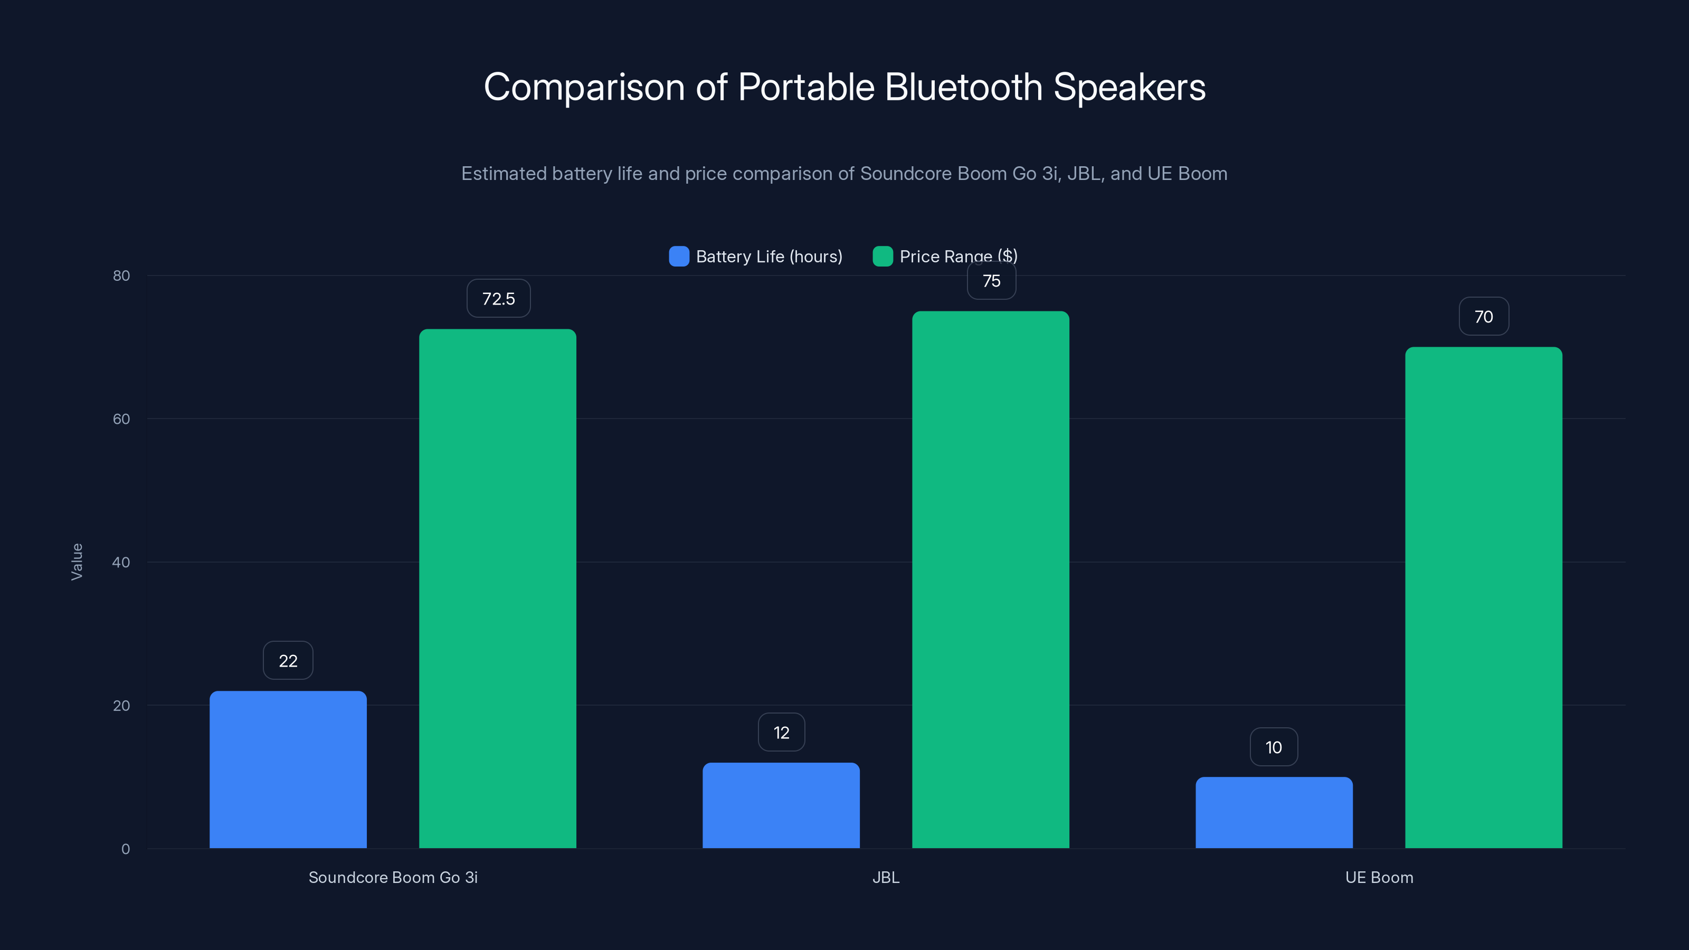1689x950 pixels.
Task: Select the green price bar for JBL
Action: pos(990,579)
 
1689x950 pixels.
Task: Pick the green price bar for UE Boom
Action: pos(1483,597)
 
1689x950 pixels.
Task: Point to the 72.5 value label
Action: pos(498,299)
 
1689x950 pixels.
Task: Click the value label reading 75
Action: pos(991,281)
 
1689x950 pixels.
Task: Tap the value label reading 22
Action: pos(288,661)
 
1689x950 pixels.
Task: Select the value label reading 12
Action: pos(781,733)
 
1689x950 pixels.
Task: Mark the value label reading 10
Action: pos(1273,747)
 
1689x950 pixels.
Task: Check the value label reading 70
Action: pos(1483,317)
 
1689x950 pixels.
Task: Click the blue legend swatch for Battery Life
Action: pos(679,256)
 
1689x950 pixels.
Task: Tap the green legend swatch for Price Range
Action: pos(883,256)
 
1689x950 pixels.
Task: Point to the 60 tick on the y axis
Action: pos(121,419)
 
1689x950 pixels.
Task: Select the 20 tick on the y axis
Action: pos(121,706)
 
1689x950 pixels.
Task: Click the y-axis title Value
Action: pos(77,562)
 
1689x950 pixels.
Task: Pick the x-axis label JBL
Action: pos(885,877)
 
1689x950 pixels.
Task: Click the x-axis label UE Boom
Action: pos(1379,877)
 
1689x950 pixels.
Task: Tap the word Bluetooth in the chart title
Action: pos(963,87)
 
